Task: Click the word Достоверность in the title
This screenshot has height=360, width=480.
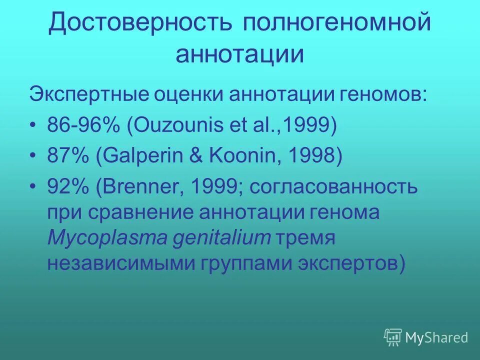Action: pos(140,23)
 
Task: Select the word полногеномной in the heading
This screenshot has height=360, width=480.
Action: pos(337,23)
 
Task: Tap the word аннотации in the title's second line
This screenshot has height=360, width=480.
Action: pos(239,54)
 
